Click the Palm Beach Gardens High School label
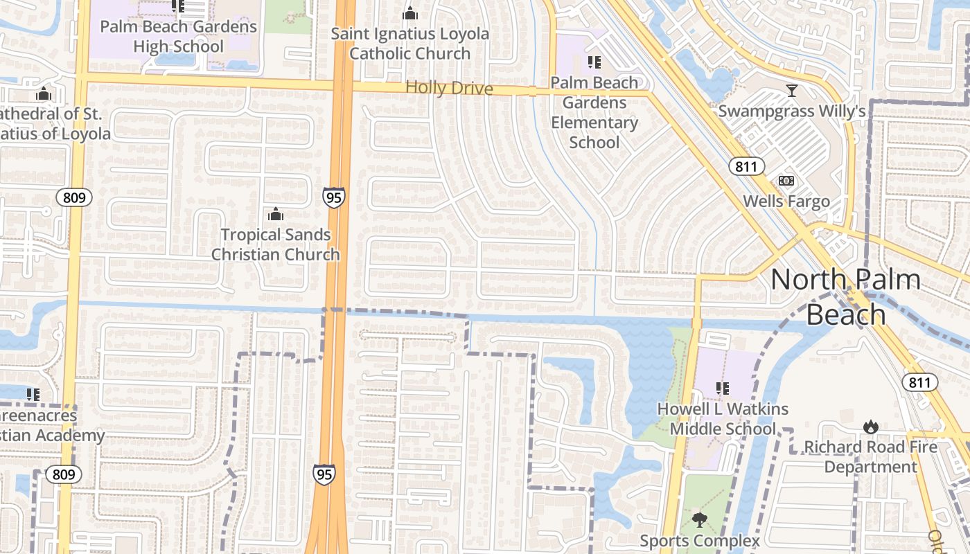tap(179, 37)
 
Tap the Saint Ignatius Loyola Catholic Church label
tap(410, 43)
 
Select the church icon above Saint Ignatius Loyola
tap(410, 13)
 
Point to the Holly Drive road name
tap(449, 88)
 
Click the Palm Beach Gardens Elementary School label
tap(594, 112)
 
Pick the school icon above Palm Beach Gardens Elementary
tap(594, 62)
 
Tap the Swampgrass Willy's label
tap(792, 111)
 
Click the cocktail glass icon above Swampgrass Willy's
tap(792, 90)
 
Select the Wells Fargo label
tap(786, 201)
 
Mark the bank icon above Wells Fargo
tap(786, 181)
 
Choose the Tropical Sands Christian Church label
tap(276, 244)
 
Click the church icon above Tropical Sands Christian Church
tap(276, 214)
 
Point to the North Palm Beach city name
tap(846, 296)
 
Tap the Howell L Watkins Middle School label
tap(723, 418)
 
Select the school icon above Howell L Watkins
tap(723, 388)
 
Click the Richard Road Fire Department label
tap(871, 456)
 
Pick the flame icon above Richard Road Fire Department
tap(871, 427)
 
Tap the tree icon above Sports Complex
tap(700, 519)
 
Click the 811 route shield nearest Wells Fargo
tap(746, 166)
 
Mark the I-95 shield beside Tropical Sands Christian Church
tap(333, 198)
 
